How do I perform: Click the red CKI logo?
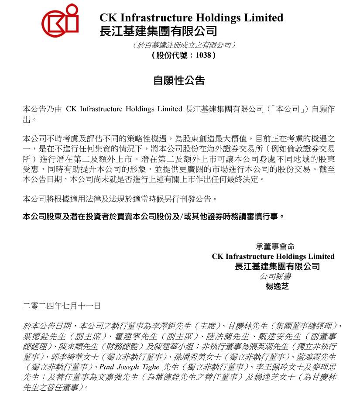coord(60,20)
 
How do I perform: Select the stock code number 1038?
coord(203,55)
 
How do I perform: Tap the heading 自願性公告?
coord(179,80)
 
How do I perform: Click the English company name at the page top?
coord(191,18)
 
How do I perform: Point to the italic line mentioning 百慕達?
coord(184,45)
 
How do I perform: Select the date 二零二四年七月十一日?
coord(62,306)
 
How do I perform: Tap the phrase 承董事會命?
coord(275,246)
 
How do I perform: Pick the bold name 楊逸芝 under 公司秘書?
coord(277,287)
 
